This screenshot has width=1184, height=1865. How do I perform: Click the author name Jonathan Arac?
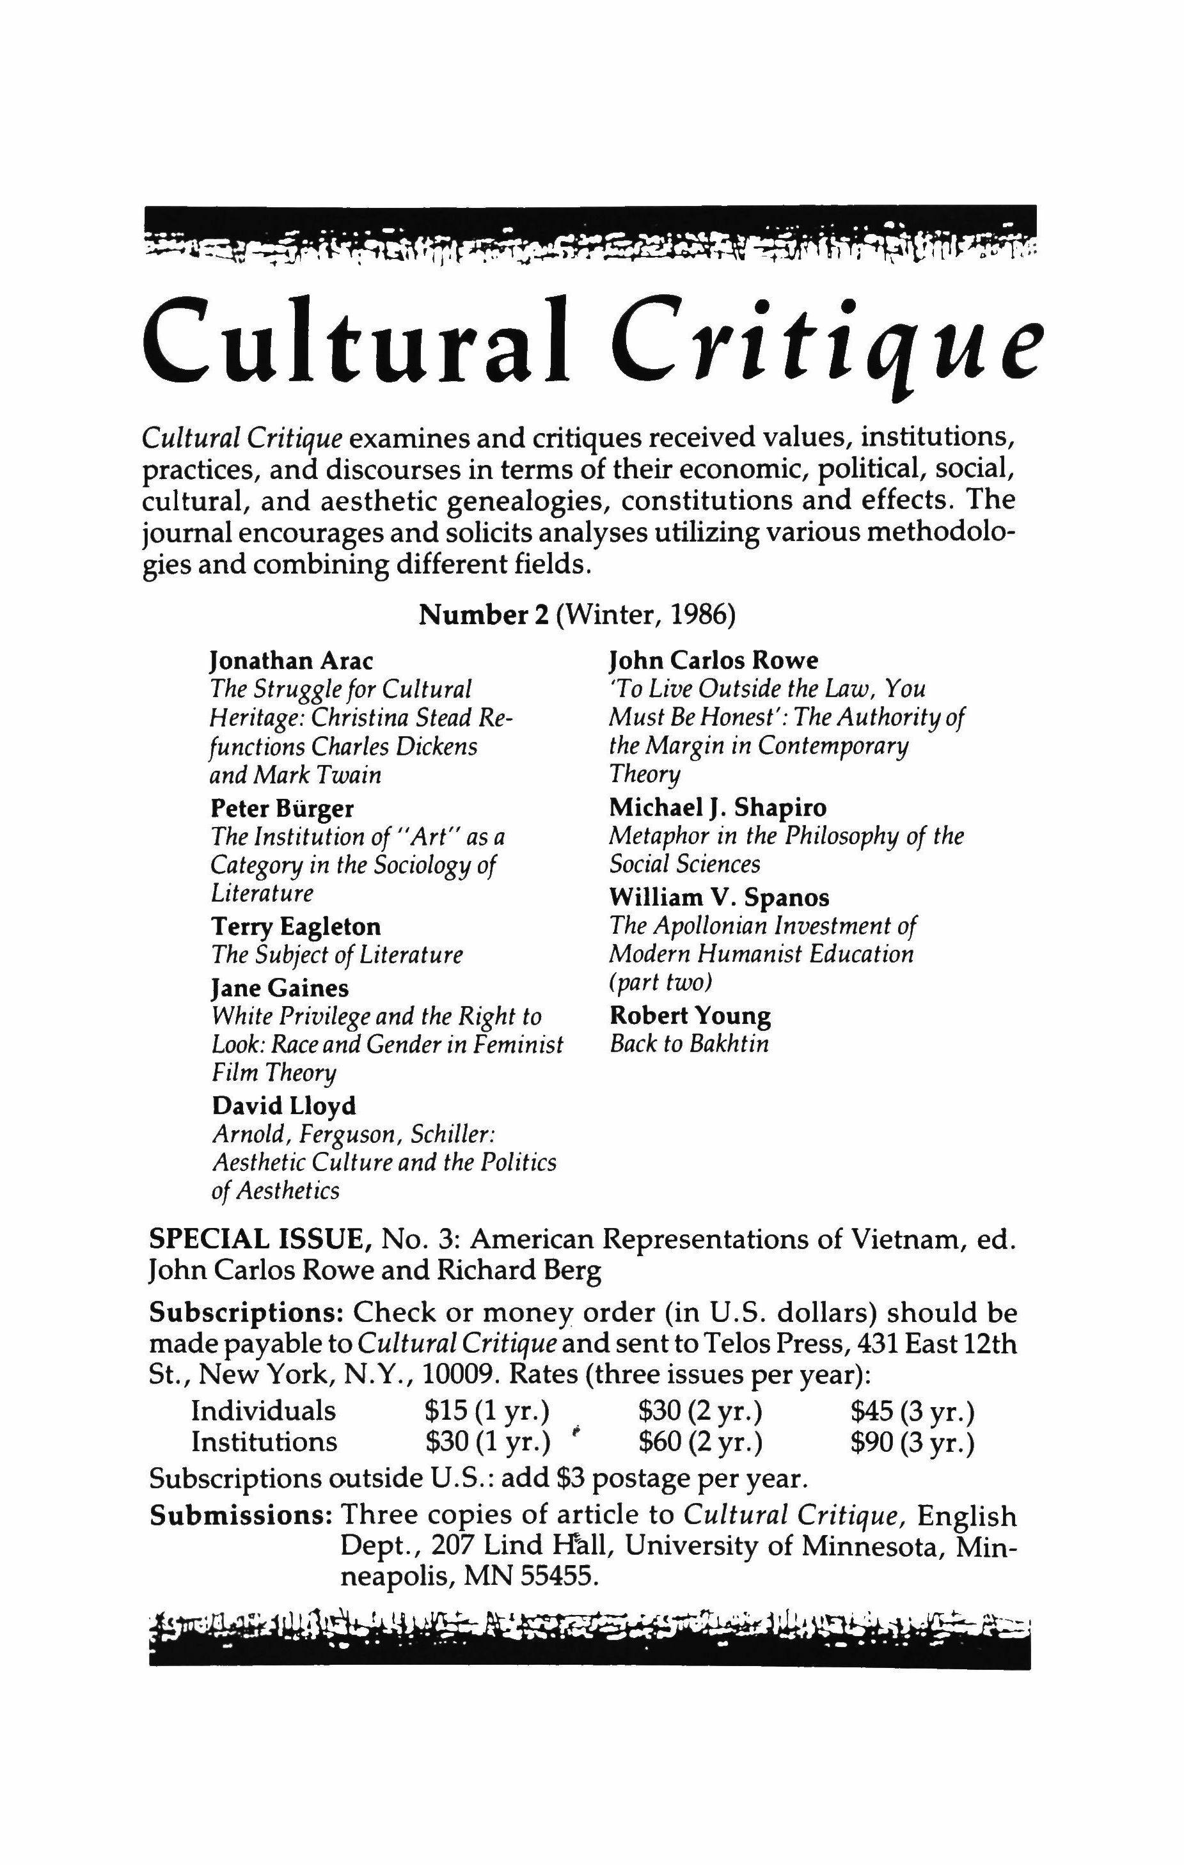pyautogui.click(x=292, y=661)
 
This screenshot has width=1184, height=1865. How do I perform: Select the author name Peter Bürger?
pyautogui.click(x=283, y=808)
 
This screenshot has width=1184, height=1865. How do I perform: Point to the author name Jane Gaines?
pyautogui.click(x=280, y=988)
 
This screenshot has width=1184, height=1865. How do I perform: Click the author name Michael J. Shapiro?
pyautogui.click(x=718, y=808)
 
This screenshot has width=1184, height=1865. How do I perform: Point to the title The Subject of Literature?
pyautogui.click(x=337, y=955)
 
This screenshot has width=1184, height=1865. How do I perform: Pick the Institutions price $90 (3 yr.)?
pyautogui.click(x=912, y=1442)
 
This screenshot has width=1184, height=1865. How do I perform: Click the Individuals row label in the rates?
pyautogui.click(x=264, y=1411)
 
